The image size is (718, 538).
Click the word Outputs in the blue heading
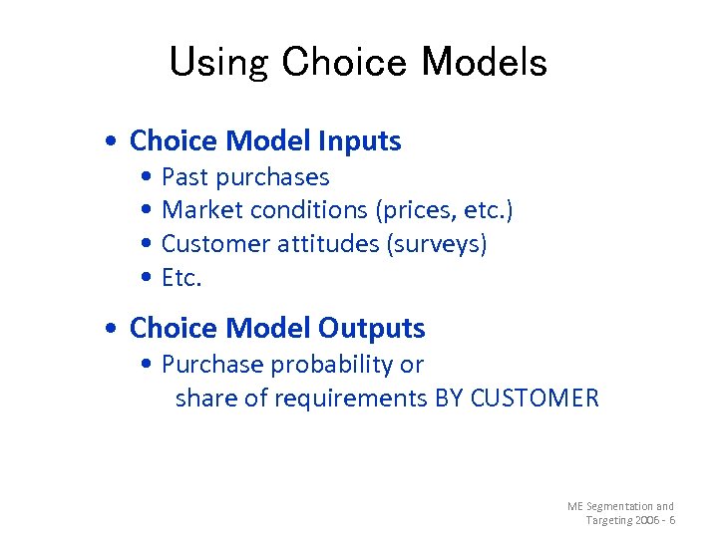[371, 328]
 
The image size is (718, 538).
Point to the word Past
[184, 177]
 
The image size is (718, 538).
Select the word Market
[202, 210]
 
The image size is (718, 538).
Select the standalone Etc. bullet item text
[181, 278]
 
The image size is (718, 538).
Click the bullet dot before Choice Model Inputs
[117, 141]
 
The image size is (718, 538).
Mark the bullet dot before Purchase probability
[148, 365]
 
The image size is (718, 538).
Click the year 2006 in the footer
[649, 521]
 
